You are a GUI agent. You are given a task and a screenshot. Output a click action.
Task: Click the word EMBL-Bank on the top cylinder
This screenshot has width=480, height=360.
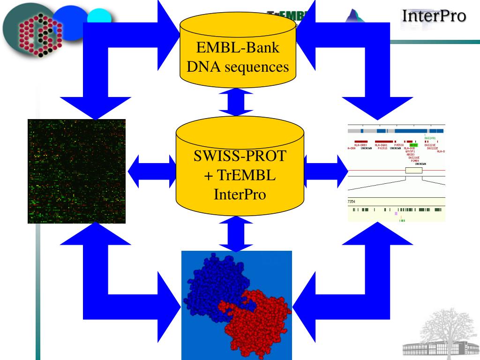click(238, 48)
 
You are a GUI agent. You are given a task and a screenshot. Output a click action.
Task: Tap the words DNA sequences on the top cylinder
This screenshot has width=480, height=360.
click(238, 67)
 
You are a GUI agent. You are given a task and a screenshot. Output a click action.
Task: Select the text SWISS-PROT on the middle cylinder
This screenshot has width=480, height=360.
click(239, 156)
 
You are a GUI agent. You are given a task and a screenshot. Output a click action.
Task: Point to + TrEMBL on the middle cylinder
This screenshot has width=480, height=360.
click(239, 175)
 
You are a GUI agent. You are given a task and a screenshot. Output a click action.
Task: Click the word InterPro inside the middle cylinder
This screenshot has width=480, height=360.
click(239, 193)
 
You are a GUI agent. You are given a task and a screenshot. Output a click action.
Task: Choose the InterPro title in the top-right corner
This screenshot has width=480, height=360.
click(434, 16)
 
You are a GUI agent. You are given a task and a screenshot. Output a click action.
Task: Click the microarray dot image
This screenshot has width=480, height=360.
click(76, 171)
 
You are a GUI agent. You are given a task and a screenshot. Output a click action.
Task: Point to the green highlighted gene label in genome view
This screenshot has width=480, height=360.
click(413, 145)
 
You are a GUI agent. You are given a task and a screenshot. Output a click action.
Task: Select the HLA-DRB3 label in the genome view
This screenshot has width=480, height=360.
click(360, 145)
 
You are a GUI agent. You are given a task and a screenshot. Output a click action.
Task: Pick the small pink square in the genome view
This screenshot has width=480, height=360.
click(396, 213)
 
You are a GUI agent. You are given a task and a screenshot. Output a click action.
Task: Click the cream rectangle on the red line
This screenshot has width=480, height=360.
click(413, 171)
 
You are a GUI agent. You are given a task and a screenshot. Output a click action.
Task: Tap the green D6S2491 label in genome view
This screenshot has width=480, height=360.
click(430, 138)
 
